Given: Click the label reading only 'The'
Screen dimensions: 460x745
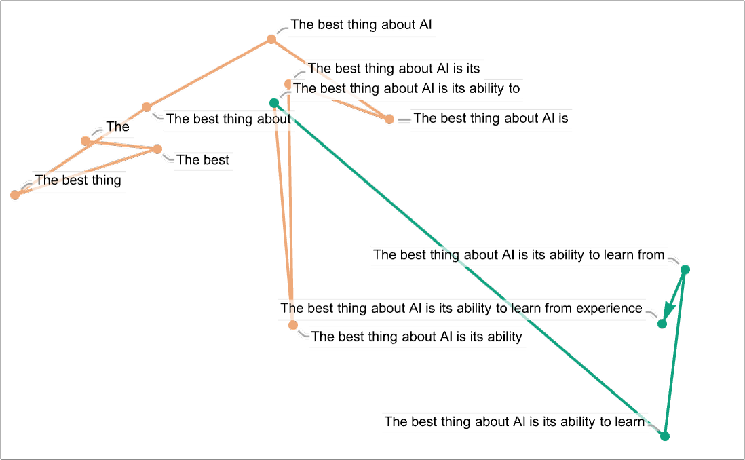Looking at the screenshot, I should click(x=117, y=127).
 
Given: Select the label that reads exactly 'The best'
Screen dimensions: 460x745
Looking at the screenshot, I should click(x=203, y=161).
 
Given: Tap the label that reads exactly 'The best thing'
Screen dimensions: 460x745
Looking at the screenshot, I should click(x=78, y=180).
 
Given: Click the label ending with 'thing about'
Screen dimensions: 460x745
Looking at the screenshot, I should click(x=229, y=119).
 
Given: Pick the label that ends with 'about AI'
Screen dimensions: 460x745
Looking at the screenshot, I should click(x=362, y=26).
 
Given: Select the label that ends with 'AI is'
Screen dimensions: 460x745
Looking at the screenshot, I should click(x=491, y=119).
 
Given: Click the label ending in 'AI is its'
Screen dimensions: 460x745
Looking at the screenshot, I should click(x=394, y=69).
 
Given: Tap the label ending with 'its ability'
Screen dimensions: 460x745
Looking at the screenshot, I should click(x=417, y=337).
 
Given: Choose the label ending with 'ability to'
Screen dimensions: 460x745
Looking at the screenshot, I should click(x=406, y=88).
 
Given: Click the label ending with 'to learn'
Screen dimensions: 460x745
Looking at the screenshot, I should click(x=514, y=422).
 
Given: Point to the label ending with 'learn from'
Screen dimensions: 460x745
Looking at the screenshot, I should click(x=518, y=256).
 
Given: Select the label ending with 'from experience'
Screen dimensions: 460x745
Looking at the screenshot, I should click(x=461, y=309).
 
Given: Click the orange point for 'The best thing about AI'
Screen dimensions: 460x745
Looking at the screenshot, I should click(x=271, y=40).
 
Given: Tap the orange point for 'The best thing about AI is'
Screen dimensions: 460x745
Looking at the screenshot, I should click(x=389, y=119).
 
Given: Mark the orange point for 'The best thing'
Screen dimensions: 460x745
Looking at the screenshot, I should click(x=15, y=195).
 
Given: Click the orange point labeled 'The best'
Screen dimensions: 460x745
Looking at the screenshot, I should click(x=157, y=149).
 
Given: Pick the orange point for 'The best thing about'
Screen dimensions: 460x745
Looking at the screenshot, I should click(x=147, y=107).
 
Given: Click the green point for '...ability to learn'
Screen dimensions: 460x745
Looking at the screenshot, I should click(x=665, y=436).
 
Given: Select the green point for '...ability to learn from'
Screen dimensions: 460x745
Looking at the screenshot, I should click(x=685, y=269).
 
